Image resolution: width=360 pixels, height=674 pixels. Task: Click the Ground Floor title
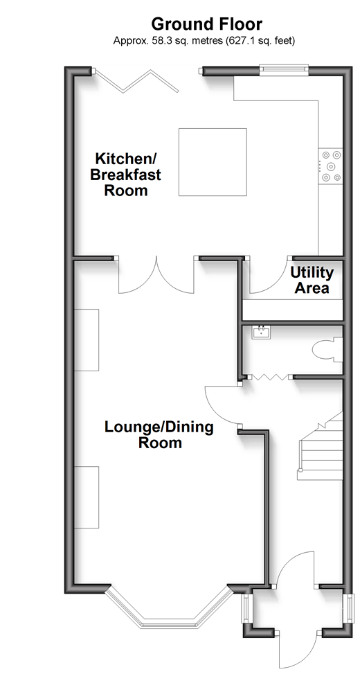tap(206, 24)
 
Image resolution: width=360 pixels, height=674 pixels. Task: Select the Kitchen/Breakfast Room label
tap(125, 174)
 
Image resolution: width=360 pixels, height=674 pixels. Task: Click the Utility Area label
tap(312, 280)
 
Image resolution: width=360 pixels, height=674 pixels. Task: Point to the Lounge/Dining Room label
tap(159, 434)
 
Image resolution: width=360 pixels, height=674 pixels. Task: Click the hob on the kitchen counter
tap(330, 166)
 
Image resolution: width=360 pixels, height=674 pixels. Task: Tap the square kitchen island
tap(213, 161)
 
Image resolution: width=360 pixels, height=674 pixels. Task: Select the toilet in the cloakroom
tap(328, 349)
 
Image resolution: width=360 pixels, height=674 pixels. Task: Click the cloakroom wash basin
tap(261, 332)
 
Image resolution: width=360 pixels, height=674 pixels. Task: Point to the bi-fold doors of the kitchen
tap(136, 80)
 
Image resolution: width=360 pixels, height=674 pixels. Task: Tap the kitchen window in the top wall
tap(284, 70)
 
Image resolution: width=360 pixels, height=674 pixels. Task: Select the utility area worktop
tap(293, 309)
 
